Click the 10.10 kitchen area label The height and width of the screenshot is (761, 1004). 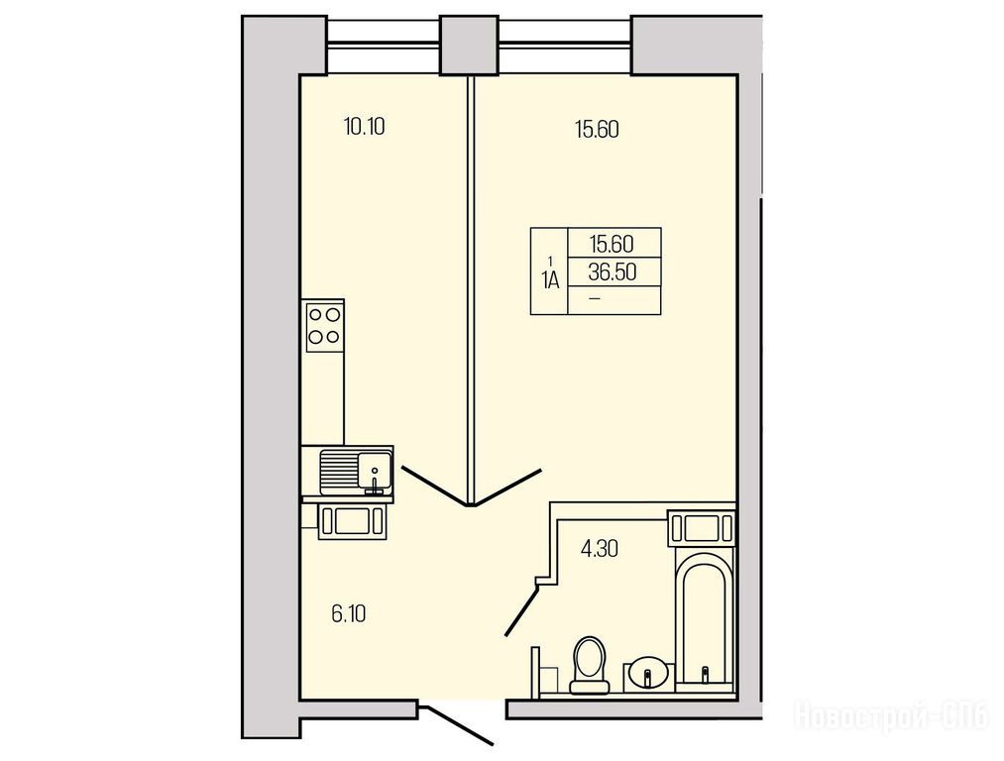tap(365, 127)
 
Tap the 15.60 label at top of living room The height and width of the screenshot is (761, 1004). tap(597, 130)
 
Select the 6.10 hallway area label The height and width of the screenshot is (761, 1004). tap(349, 614)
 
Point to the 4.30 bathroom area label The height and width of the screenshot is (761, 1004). tap(600, 549)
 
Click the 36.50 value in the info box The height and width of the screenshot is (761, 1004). tap(613, 272)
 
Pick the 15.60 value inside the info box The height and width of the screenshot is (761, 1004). tap(613, 244)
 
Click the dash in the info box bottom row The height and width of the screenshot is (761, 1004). tap(595, 298)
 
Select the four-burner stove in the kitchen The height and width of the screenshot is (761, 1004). tap(325, 326)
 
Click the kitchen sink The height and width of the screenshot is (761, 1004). tap(356, 473)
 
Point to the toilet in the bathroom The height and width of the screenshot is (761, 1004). tap(589, 665)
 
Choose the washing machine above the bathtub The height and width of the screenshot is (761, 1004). tap(701, 529)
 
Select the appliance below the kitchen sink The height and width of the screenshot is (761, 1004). tap(352, 520)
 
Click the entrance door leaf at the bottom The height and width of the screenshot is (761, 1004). tap(460, 725)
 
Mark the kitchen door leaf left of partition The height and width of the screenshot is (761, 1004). tap(434, 488)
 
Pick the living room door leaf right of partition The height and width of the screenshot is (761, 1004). tap(508, 488)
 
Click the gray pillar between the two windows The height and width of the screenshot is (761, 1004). tap(470, 45)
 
